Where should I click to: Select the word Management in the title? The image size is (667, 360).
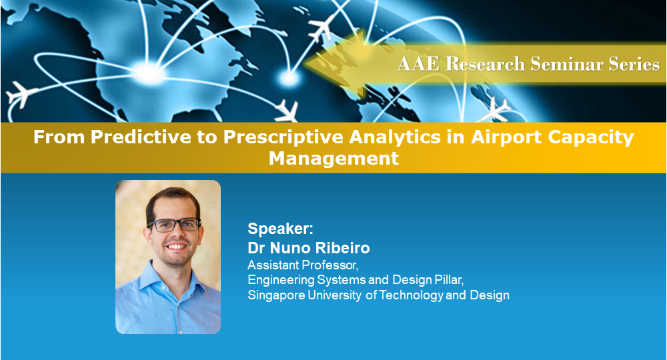click(x=334, y=159)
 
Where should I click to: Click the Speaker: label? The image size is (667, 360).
click(x=280, y=229)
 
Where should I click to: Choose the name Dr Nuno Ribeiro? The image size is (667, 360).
click(x=309, y=248)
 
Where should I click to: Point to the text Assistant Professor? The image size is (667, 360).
click(x=303, y=265)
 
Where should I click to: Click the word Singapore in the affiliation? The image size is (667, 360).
click(x=277, y=295)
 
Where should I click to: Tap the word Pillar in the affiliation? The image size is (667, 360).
click(x=449, y=280)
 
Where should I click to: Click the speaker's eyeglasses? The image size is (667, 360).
click(x=174, y=225)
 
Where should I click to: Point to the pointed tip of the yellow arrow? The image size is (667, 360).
click(x=306, y=65)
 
